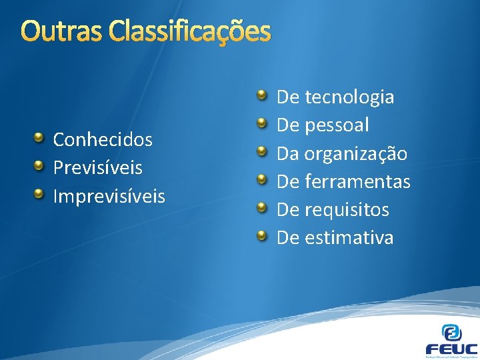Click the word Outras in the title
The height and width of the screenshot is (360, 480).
61,31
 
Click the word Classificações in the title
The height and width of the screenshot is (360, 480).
189,31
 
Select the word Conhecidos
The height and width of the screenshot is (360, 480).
103,140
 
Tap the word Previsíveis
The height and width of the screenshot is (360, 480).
97,168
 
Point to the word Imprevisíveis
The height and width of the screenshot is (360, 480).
109,196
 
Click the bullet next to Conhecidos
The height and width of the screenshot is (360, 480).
40,138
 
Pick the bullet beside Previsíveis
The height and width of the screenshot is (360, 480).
40,166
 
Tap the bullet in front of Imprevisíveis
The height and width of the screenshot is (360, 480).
40,194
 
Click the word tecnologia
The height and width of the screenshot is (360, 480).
349,98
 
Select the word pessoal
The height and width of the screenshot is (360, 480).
337,126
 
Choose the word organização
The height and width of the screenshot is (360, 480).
355,154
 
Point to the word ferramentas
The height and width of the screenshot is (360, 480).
357,181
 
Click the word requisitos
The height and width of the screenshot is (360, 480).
347,210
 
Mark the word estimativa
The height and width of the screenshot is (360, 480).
349,237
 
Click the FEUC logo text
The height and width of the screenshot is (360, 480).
451,348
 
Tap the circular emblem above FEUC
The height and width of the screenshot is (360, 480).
451,331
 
